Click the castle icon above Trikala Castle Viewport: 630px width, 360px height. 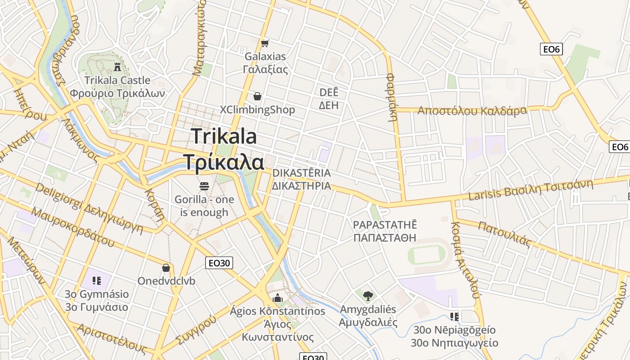[117, 67]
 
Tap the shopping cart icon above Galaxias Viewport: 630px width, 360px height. [265, 43]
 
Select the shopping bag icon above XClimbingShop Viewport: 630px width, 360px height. [257, 96]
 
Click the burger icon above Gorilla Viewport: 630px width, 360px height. [204, 185]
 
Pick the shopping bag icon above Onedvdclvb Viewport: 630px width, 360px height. [166, 268]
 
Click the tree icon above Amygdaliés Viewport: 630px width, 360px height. [368, 296]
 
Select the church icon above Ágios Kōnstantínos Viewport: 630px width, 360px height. [278, 298]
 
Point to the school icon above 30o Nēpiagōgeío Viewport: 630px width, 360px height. [454, 317]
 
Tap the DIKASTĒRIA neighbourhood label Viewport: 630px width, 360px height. [301, 173]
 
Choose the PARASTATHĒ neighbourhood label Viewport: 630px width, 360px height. [385, 225]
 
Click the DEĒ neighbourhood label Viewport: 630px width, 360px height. [328, 93]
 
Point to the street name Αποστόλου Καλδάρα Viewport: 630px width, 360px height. [472, 111]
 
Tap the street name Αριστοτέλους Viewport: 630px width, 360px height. [112, 338]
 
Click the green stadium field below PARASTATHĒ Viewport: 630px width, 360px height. [427, 255]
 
